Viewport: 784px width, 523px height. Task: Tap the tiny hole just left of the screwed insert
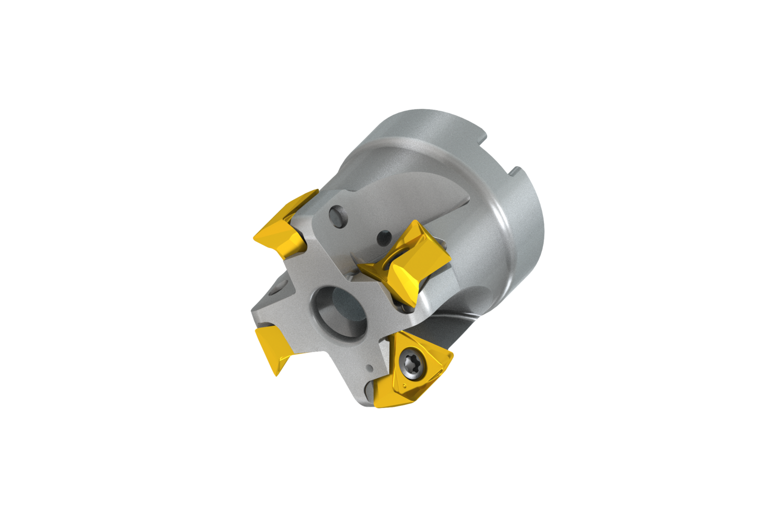click(370, 367)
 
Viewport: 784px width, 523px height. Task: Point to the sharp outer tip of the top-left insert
click(255, 238)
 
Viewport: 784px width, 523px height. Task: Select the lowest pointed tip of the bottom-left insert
click(276, 374)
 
